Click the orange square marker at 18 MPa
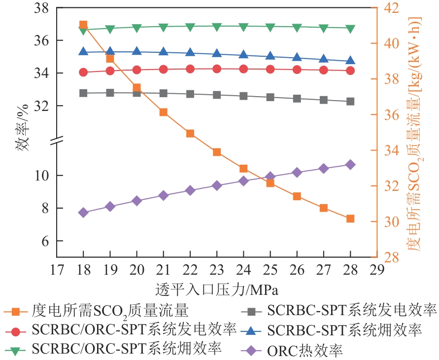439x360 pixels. [83, 25]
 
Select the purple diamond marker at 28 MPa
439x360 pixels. [350, 165]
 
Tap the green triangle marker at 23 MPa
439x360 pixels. [217, 27]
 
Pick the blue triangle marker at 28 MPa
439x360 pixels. [350, 61]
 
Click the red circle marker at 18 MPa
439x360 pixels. [83, 72]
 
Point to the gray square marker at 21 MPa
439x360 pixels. [164, 93]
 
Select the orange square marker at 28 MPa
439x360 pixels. [350, 218]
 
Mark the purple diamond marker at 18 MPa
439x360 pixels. [83, 213]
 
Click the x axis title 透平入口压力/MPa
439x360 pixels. [217, 288]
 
